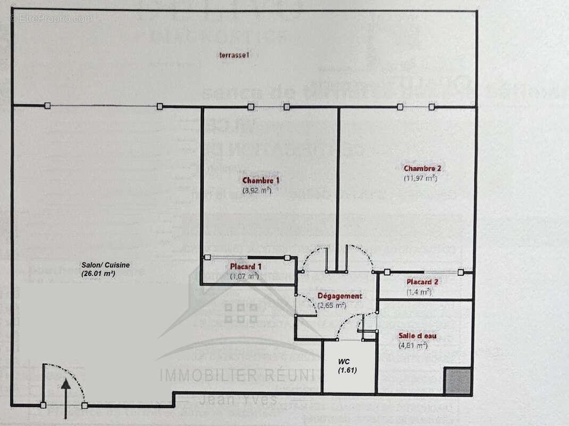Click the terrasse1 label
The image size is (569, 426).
click(x=234, y=55)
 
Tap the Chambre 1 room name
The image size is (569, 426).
click(x=261, y=181)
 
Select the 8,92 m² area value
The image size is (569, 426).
click(x=257, y=190)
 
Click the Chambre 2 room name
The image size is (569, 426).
click(x=422, y=168)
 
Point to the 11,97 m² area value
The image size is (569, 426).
click(x=420, y=178)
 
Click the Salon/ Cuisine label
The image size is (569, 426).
click(x=105, y=265)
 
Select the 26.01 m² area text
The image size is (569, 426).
click(x=98, y=273)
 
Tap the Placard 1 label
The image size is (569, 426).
click(x=246, y=266)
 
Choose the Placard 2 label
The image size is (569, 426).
click(x=422, y=282)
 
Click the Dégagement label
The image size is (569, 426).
click(x=340, y=296)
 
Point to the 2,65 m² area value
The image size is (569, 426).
click(x=332, y=306)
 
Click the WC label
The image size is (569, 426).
click(x=344, y=362)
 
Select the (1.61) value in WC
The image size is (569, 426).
click(x=347, y=370)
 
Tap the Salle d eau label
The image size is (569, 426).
click(x=417, y=335)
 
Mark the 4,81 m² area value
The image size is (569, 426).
click(x=413, y=345)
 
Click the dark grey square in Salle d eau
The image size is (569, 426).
click(x=458, y=381)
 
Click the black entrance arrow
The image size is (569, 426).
click(x=65, y=397)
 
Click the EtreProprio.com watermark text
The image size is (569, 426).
click(x=51, y=19)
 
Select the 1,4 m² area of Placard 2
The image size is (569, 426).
click(x=419, y=291)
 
